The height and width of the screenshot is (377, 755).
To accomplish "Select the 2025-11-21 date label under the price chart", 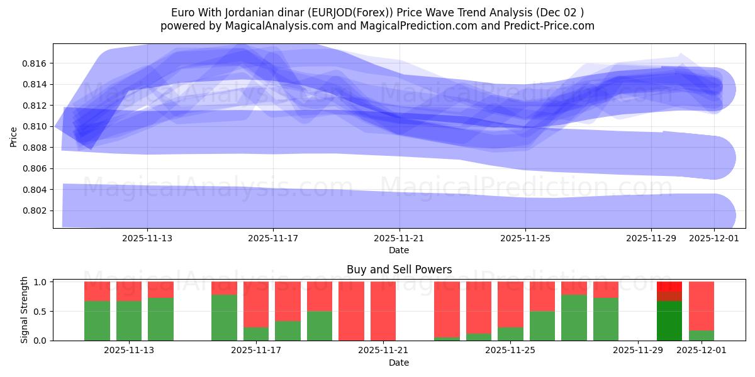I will tap(400, 239).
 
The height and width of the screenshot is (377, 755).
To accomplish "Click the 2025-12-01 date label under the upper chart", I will tap(714, 239).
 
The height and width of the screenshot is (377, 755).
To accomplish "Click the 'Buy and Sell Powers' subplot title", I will tap(399, 270).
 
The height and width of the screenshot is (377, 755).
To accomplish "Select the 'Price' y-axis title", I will tap(14, 136).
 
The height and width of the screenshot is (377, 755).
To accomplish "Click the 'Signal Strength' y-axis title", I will tap(25, 310).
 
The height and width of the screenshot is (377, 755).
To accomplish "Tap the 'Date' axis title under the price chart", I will tap(399, 250).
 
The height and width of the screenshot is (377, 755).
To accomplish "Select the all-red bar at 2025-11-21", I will tap(383, 311).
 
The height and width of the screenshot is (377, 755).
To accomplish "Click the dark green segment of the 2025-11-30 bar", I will tap(669, 320).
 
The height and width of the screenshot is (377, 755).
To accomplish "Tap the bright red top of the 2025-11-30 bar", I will tap(669, 286).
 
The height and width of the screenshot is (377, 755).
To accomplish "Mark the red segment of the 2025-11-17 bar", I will tap(256, 304).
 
